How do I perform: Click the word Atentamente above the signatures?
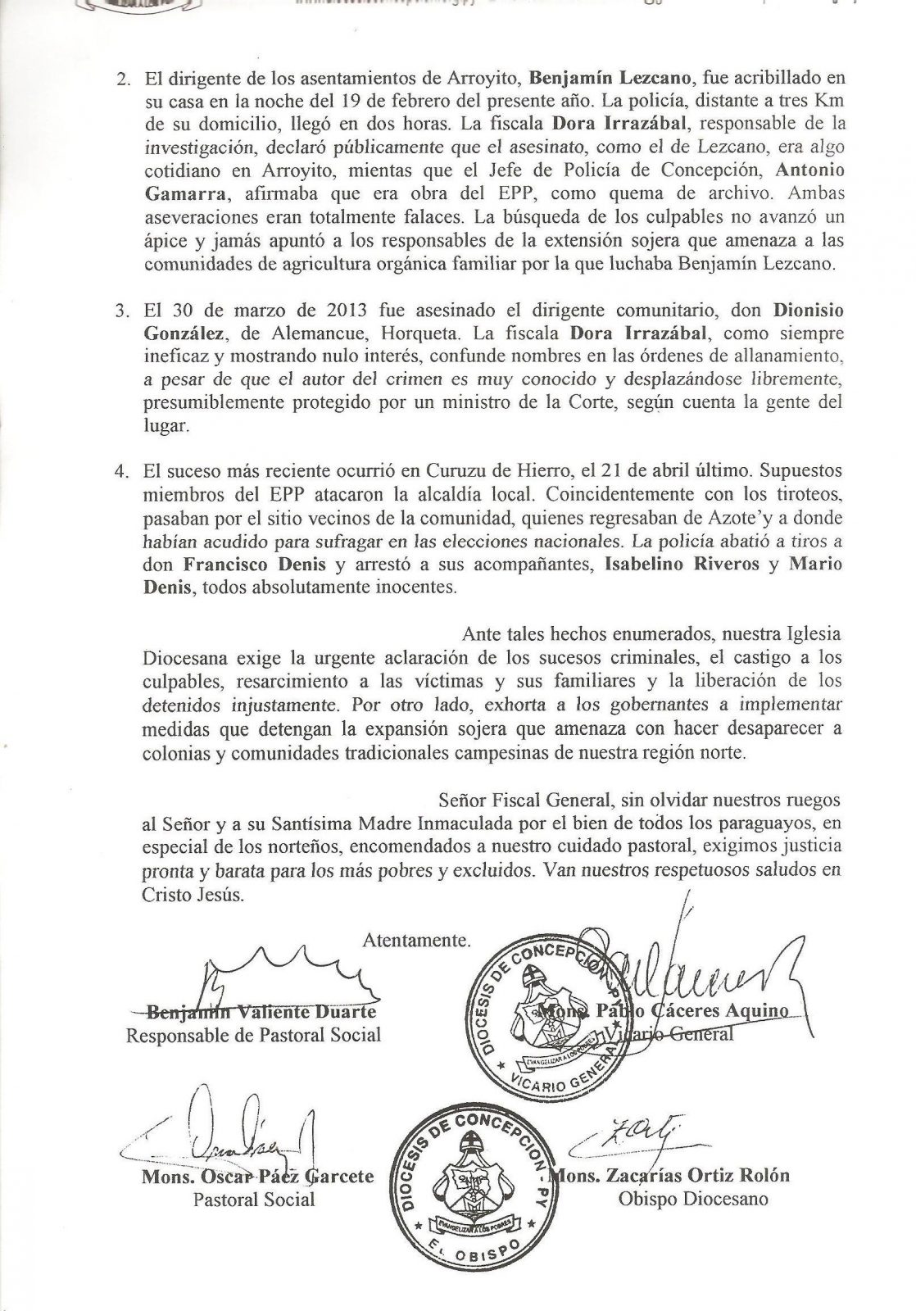[417, 941]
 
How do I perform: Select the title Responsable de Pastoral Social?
[253, 1035]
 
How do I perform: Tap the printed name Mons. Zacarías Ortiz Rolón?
[673, 1176]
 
